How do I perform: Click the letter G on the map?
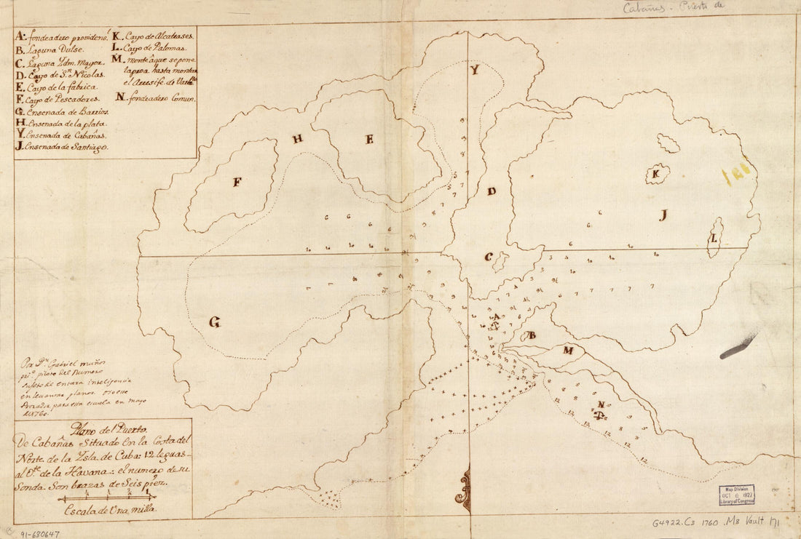point(215,322)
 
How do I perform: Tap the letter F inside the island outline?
point(237,182)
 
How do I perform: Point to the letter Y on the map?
point(474,71)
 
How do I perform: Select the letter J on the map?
point(663,215)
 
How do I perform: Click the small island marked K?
point(657,173)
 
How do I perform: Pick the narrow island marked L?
point(715,241)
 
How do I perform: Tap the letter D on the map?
point(492,191)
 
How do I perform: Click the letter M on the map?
point(568,350)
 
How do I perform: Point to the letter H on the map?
point(298,139)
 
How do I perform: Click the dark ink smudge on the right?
point(738,348)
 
